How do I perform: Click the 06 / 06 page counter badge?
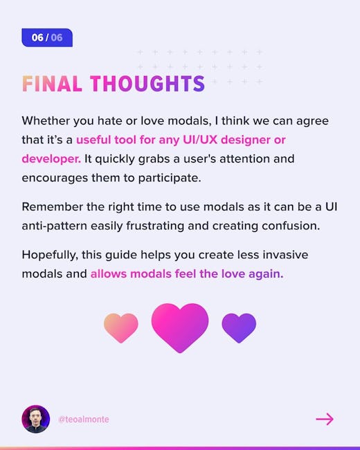point(47,37)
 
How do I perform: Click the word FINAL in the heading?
point(52,84)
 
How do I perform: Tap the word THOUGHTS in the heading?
point(147,84)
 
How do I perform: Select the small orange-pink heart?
point(121,328)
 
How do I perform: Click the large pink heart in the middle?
point(180,327)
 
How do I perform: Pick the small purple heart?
point(239,328)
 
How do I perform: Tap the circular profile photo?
point(36,419)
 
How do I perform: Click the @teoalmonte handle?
point(84,420)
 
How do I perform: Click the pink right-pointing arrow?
point(325,419)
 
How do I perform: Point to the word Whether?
point(46,120)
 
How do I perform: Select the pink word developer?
point(51,159)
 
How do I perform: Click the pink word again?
point(266,273)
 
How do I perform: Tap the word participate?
point(170,178)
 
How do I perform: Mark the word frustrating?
point(155,226)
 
